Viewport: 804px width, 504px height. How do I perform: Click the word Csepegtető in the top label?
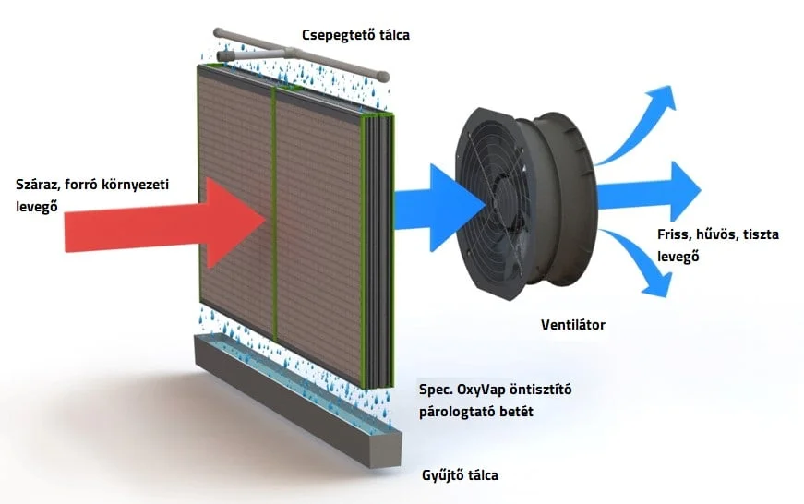333,35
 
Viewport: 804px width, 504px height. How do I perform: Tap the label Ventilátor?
573,325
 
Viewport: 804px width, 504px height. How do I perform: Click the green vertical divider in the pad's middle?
275,212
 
